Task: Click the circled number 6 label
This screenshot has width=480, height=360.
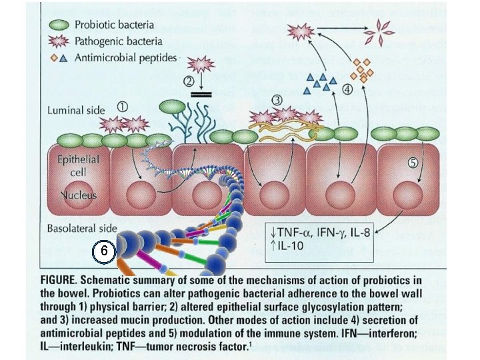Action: coord(101,251)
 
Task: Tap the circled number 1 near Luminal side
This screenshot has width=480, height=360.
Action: coord(122,106)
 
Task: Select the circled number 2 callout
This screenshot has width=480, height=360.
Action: coord(189,82)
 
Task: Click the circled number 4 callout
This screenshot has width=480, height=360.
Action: coord(347,89)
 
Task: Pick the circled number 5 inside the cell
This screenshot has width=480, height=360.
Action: coord(413,161)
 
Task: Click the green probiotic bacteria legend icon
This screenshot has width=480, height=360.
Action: coord(60,24)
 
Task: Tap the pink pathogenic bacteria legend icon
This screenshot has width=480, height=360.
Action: coord(60,41)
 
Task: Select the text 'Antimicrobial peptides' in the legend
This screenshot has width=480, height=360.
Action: coord(126,57)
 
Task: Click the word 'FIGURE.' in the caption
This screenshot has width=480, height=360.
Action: coord(62,279)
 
